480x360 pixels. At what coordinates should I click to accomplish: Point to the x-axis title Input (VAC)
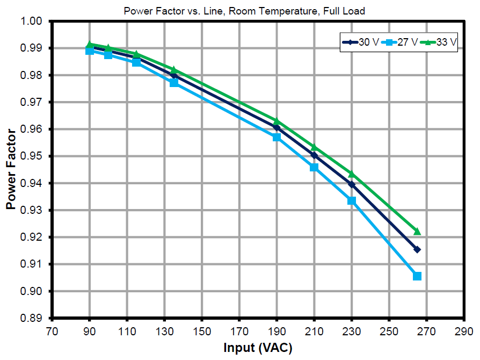tap(258, 348)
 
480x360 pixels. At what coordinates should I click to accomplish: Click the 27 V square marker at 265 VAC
tap(417, 276)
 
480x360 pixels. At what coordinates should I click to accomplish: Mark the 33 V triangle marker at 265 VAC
tap(417, 231)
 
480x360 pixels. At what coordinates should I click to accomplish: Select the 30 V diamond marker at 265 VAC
tap(417, 249)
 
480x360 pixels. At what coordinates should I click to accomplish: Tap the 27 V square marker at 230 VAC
tap(352, 200)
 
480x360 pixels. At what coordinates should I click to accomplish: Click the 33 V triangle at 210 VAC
tap(314, 147)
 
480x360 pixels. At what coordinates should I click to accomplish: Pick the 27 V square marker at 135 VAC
tap(174, 83)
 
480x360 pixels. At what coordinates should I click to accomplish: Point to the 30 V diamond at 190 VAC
tap(277, 127)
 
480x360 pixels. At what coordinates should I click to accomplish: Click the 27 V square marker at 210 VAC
tap(314, 167)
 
